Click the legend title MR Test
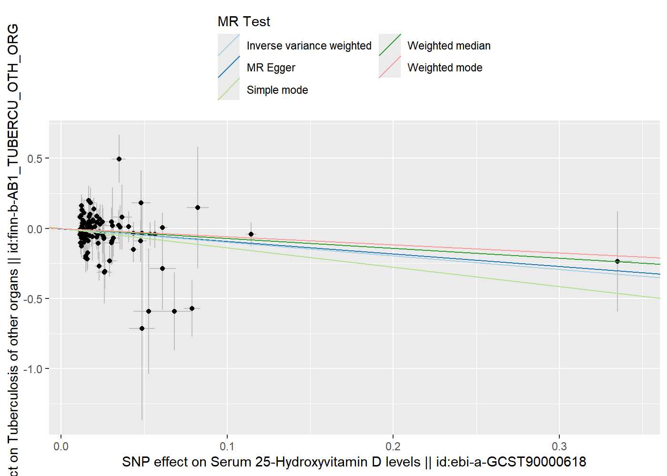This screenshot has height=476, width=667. tap(243, 21)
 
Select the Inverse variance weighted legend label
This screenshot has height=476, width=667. tap(309, 46)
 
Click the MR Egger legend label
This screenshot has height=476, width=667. tap(271, 68)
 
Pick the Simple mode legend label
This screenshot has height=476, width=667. tap(277, 90)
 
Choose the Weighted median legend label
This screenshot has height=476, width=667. tap(449, 46)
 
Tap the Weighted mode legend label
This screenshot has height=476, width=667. tap(445, 68)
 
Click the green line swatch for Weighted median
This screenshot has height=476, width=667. tap(390, 45)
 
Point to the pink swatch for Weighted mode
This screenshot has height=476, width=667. tap(390, 67)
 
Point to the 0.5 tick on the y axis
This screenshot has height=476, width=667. tap(35, 159)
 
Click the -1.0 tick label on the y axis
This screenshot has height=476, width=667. tap(32, 369)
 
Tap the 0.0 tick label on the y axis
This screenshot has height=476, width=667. tap(35, 229)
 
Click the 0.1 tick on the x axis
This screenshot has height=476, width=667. tap(227, 446)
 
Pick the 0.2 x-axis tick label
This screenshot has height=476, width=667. tap(393, 446)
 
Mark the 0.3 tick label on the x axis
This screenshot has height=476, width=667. tap(559, 446)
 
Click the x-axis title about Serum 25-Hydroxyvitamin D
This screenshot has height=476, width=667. tap(354, 462)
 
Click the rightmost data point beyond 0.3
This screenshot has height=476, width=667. tap(617, 261)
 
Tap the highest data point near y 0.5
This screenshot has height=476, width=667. tap(119, 159)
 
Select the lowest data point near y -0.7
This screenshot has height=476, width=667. tap(142, 328)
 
